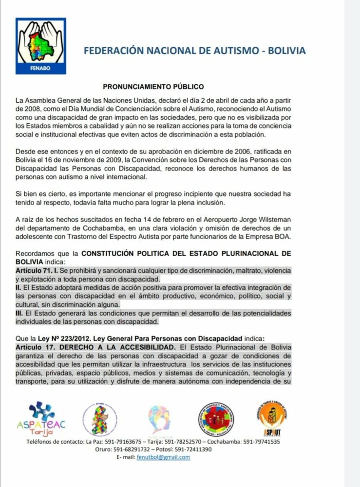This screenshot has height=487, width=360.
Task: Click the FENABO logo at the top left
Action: pos(40,47)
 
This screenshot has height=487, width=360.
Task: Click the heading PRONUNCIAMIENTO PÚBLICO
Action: pos(153,87)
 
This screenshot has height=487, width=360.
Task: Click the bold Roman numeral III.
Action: pos(20,313)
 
